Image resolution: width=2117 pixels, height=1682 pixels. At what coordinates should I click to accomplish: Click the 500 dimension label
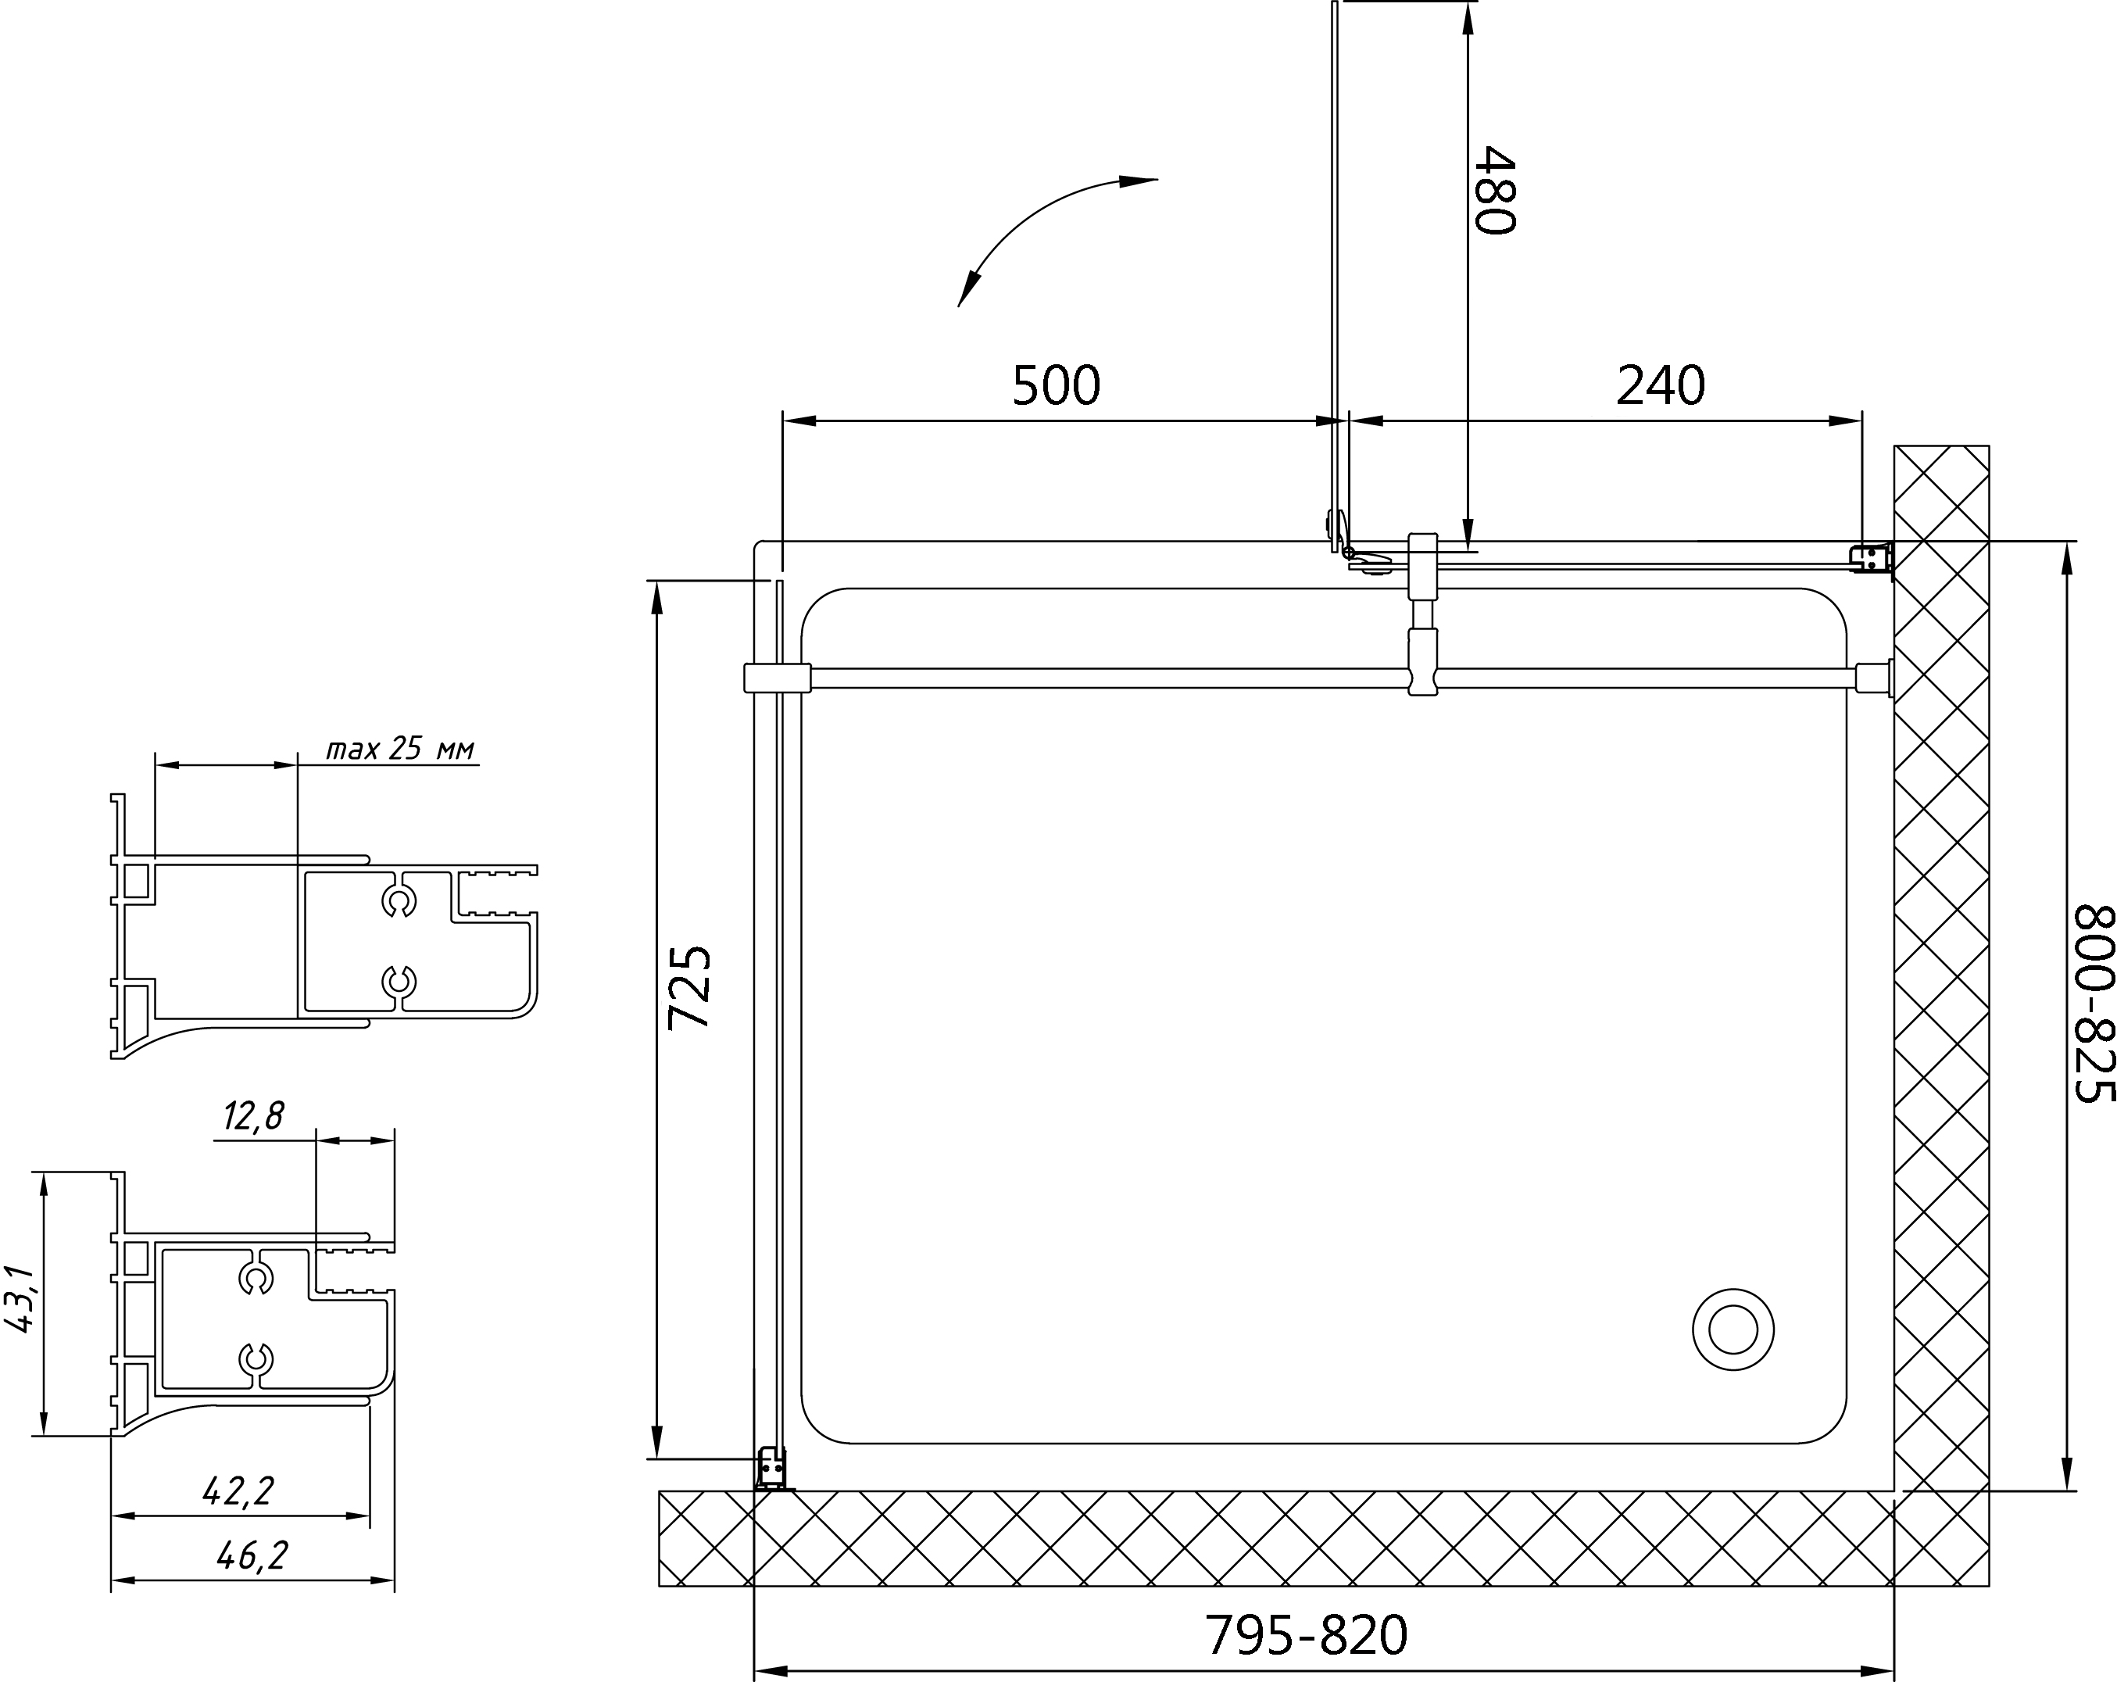click(1057, 386)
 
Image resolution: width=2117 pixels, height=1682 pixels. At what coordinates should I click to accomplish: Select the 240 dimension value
click(1661, 386)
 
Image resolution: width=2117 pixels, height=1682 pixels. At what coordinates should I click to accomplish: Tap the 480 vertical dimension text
click(1496, 191)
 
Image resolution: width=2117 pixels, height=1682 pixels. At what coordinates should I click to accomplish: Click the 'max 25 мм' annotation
click(401, 750)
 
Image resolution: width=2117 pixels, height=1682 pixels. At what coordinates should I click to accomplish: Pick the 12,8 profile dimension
click(253, 1116)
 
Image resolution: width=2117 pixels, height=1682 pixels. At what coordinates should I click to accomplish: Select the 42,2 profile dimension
click(238, 1491)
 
